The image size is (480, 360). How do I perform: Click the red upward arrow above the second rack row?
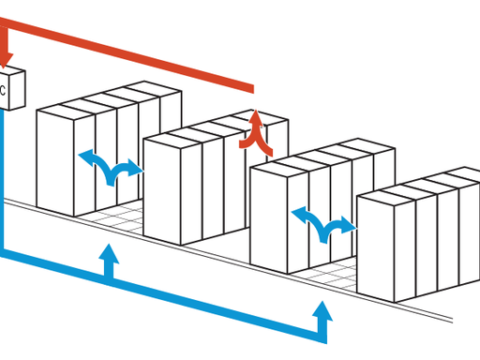pyautogui.click(x=256, y=131)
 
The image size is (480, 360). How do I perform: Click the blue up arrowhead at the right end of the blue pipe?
pyautogui.click(x=322, y=310)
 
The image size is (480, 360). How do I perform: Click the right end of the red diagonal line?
pyautogui.click(x=251, y=90)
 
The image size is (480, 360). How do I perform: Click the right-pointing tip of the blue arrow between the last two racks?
pyautogui.click(x=355, y=225)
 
